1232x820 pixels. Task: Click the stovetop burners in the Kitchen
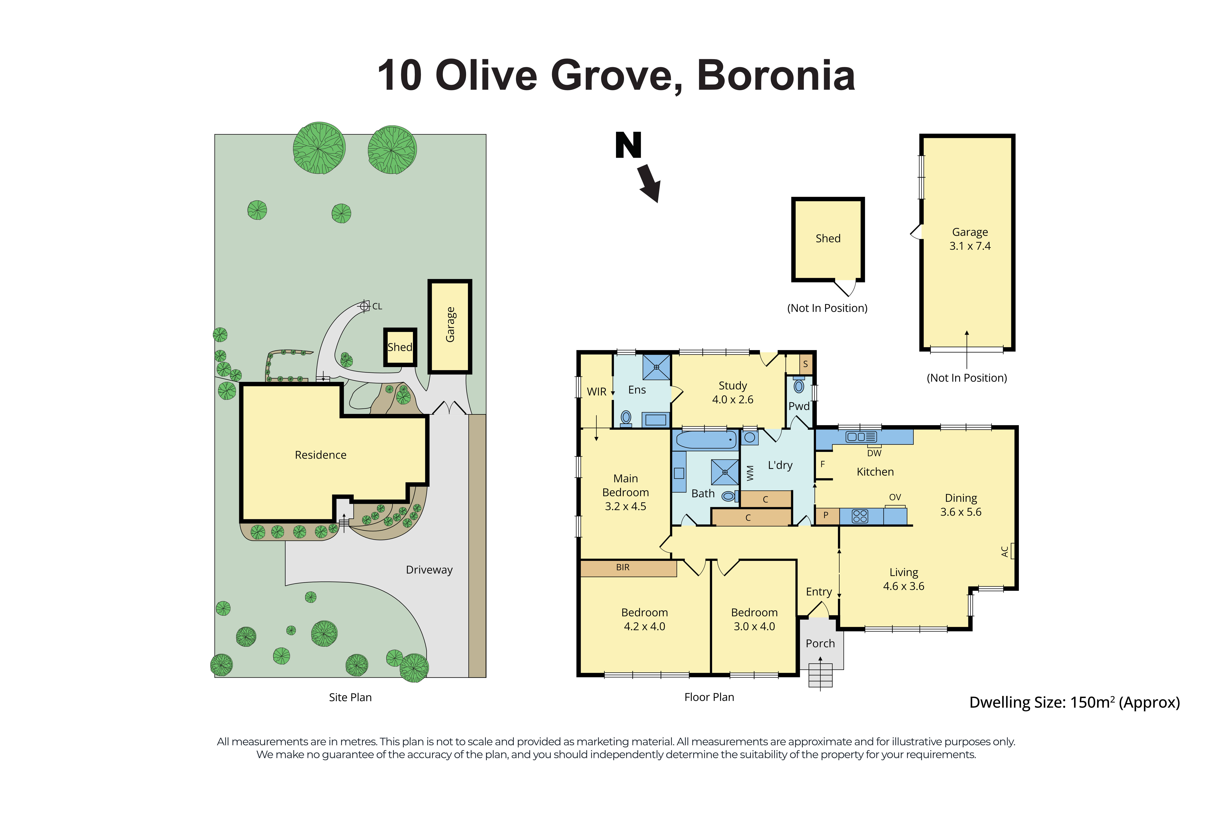[x=860, y=516]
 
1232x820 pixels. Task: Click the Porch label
[x=820, y=643]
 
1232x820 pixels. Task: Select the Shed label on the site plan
[x=400, y=347]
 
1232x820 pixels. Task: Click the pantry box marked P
[x=826, y=515]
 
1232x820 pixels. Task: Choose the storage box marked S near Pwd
[x=805, y=364]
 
